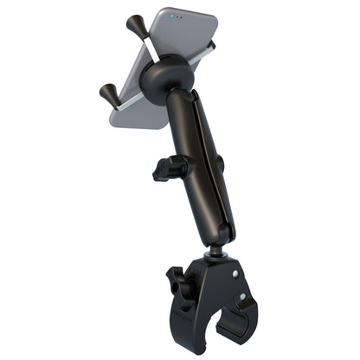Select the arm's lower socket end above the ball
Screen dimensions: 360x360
221,232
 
